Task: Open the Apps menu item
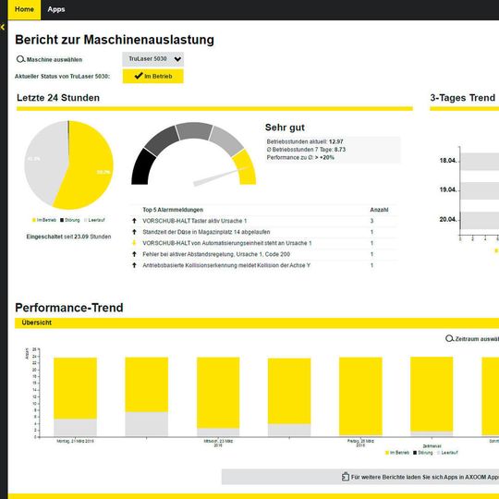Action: coord(56,9)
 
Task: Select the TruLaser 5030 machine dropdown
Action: coord(153,58)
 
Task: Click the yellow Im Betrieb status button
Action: coord(153,76)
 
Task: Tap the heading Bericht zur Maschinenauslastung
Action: coord(115,40)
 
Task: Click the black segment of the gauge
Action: coord(143,167)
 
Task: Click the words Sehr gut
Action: coord(285,128)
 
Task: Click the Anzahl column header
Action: coord(379,210)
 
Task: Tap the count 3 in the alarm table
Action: coord(371,221)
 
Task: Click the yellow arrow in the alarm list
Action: coord(135,243)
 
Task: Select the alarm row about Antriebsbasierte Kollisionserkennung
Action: coord(225,265)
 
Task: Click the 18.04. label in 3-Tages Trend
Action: coord(448,161)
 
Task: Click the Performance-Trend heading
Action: coord(69,308)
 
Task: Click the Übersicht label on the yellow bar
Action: coord(36,323)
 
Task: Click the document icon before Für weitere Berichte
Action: coord(344,477)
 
